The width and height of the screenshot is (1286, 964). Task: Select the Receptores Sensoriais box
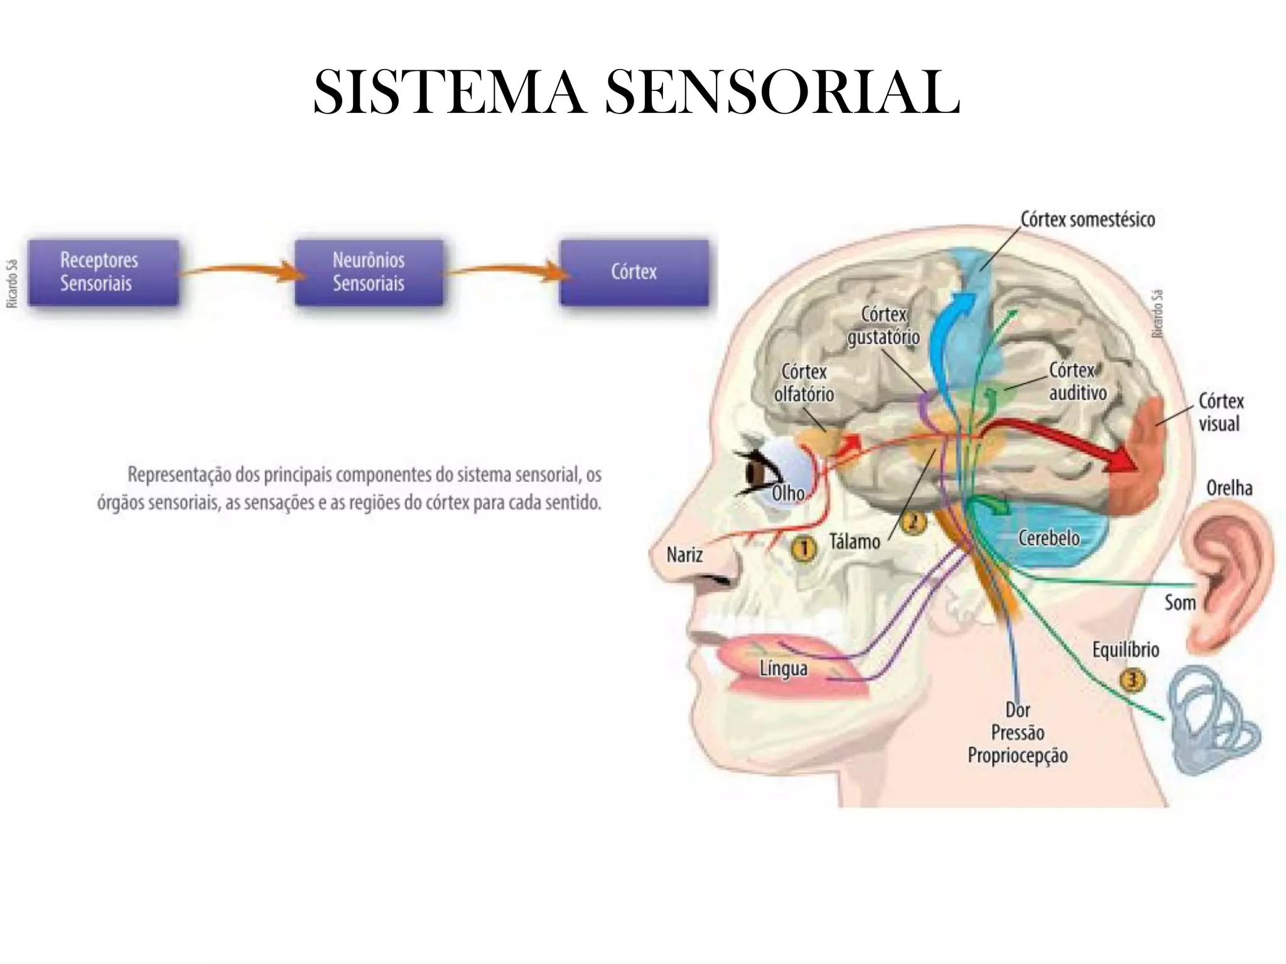[x=104, y=272]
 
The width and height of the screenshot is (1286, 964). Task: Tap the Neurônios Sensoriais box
[x=369, y=272]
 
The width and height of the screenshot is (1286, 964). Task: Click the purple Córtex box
[x=634, y=272]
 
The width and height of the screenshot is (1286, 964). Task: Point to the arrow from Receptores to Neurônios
[x=239, y=270]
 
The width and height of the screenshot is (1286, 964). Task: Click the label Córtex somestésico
[x=1088, y=220]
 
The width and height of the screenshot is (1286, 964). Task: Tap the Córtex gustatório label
[x=883, y=326]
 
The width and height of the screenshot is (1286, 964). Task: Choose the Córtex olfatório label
[x=804, y=383]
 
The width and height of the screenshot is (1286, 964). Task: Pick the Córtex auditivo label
[x=1078, y=382]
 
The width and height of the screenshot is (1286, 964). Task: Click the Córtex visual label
[x=1220, y=412]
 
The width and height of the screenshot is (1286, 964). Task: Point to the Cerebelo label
[x=1049, y=538]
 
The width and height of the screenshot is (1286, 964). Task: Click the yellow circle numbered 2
[x=914, y=522]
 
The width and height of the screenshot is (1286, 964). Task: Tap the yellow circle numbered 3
[x=1132, y=680]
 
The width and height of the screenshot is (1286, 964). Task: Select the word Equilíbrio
[x=1125, y=650]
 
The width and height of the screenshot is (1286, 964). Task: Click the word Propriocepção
[x=1017, y=756]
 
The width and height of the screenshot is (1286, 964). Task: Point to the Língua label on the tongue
[x=783, y=668]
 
